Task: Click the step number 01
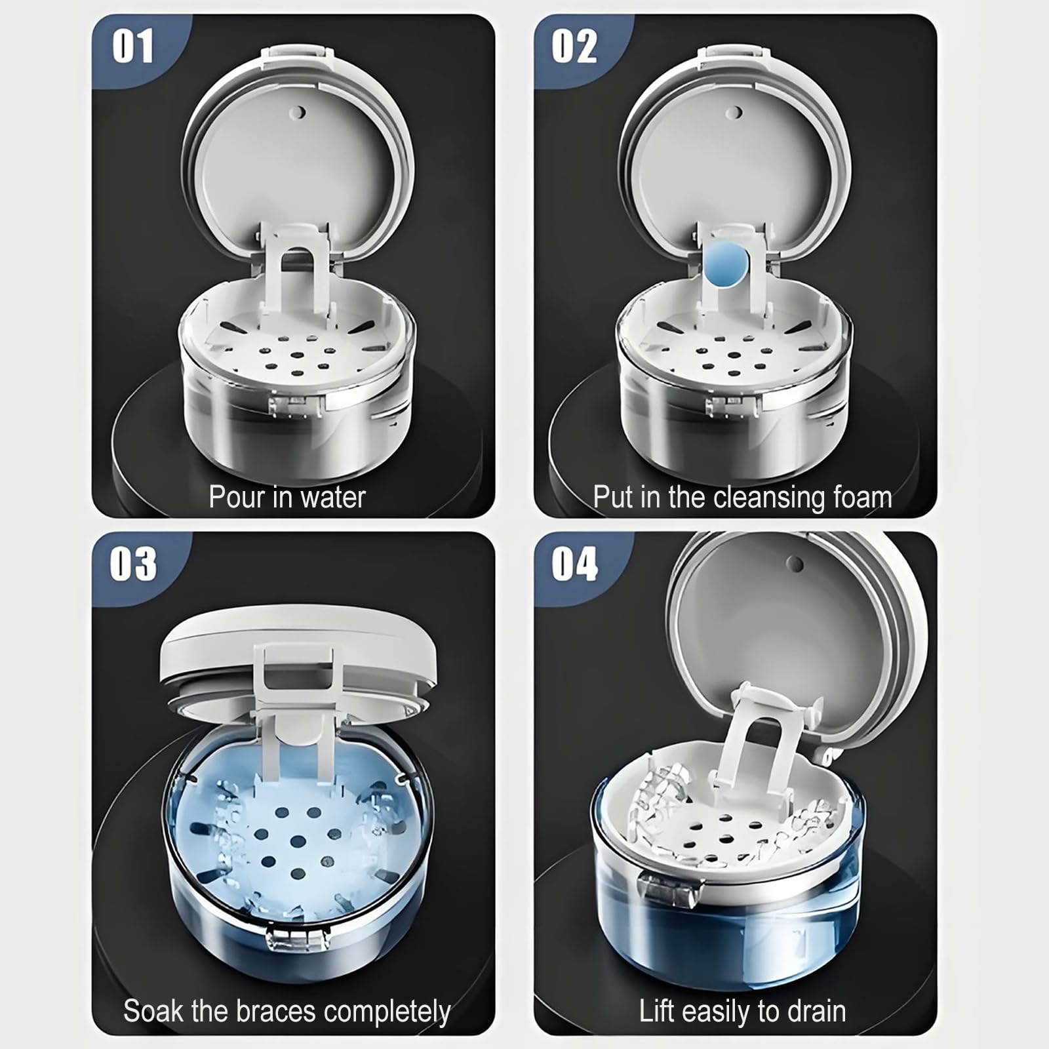click(133, 47)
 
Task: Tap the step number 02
click(574, 47)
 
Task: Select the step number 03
click(133, 563)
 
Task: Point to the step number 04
click(574, 563)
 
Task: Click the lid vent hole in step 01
click(299, 112)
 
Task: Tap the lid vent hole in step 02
click(736, 112)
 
